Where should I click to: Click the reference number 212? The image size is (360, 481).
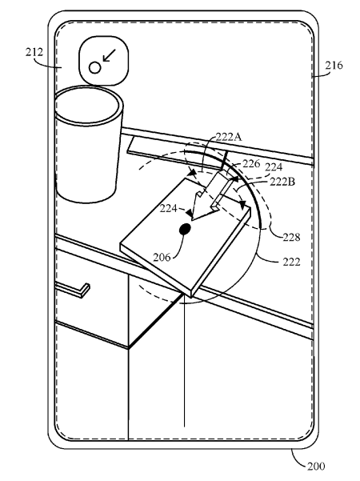pos(34,52)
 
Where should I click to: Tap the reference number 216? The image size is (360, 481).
pos(334,66)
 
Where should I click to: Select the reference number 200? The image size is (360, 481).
pos(316,467)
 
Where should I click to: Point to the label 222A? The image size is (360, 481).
pos(229,137)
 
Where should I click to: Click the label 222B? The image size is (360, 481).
pos(282,182)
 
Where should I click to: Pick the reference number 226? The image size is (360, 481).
pos(251,164)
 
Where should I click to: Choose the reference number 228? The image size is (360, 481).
pos(291,237)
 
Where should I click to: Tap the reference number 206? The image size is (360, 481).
pos(162,257)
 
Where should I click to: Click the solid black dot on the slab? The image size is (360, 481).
pos(185,229)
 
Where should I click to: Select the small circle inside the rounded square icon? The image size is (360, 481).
pos(94,68)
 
